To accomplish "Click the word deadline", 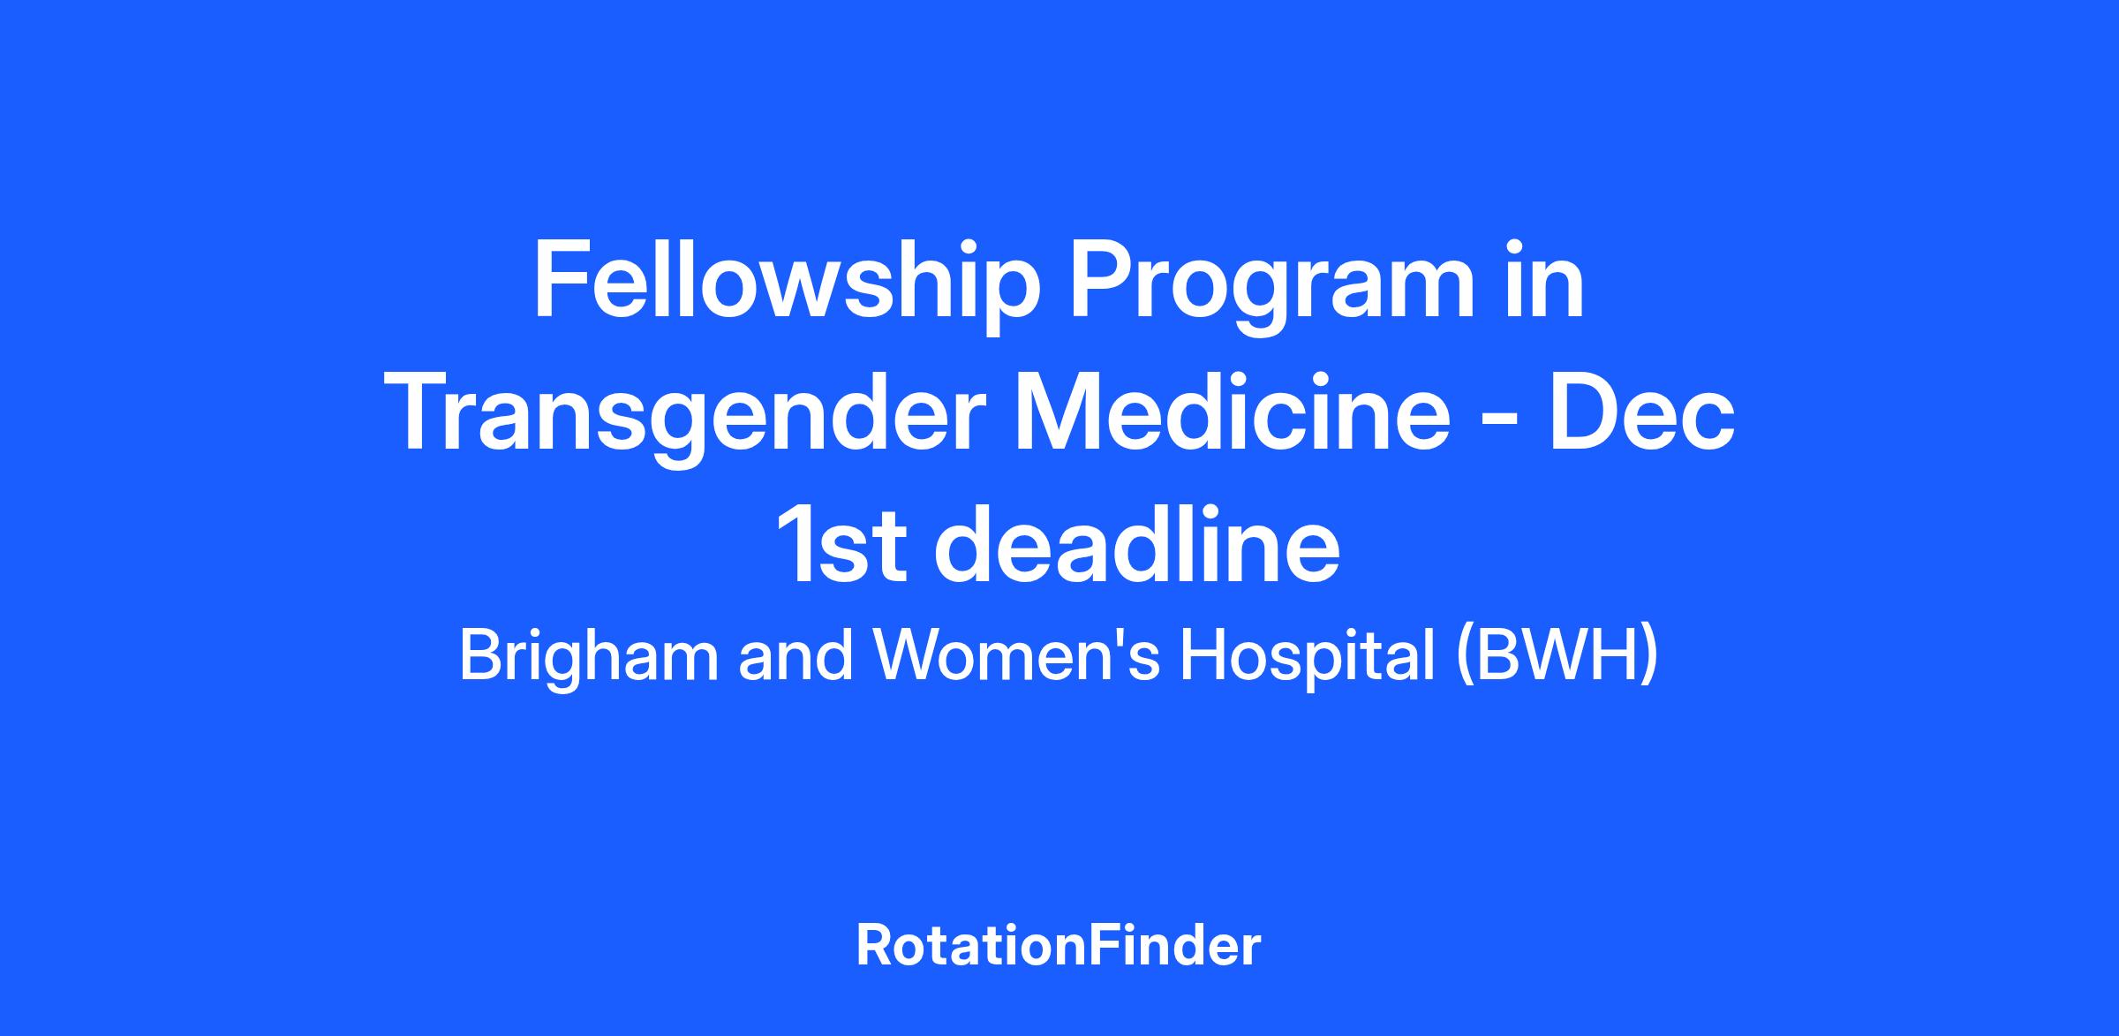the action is click(1137, 544).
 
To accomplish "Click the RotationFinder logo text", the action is click(1059, 946).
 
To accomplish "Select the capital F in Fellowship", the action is click(559, 281).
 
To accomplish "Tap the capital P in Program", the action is click(1100, 281).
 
